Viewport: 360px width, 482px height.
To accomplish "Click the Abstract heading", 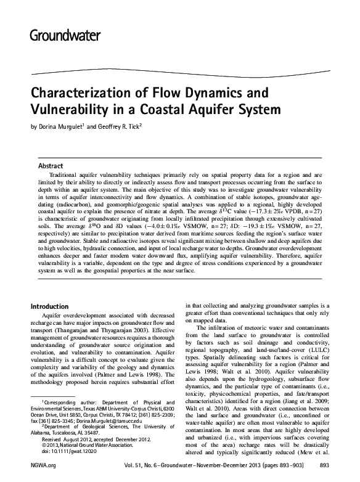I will click(x=51, y=166).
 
